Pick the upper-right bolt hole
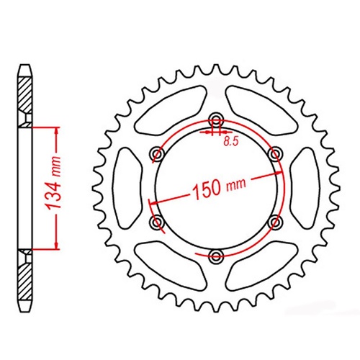click(274, 154)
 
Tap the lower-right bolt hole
click(274, 222)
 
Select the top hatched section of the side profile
click(26, 97)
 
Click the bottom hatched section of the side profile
click(26, 277)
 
